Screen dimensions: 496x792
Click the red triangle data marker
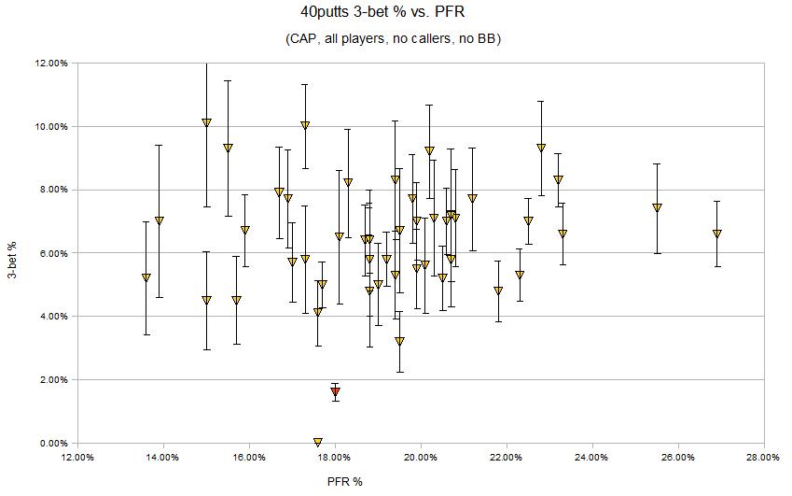(335, 392)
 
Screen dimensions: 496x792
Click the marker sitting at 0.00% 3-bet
(318, 442)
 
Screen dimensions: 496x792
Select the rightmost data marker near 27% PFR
(716, 234)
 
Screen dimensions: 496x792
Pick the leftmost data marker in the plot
(146, 277)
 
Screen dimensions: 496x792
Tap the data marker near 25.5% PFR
(657, 207)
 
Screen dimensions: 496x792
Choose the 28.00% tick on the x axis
(763, 457)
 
